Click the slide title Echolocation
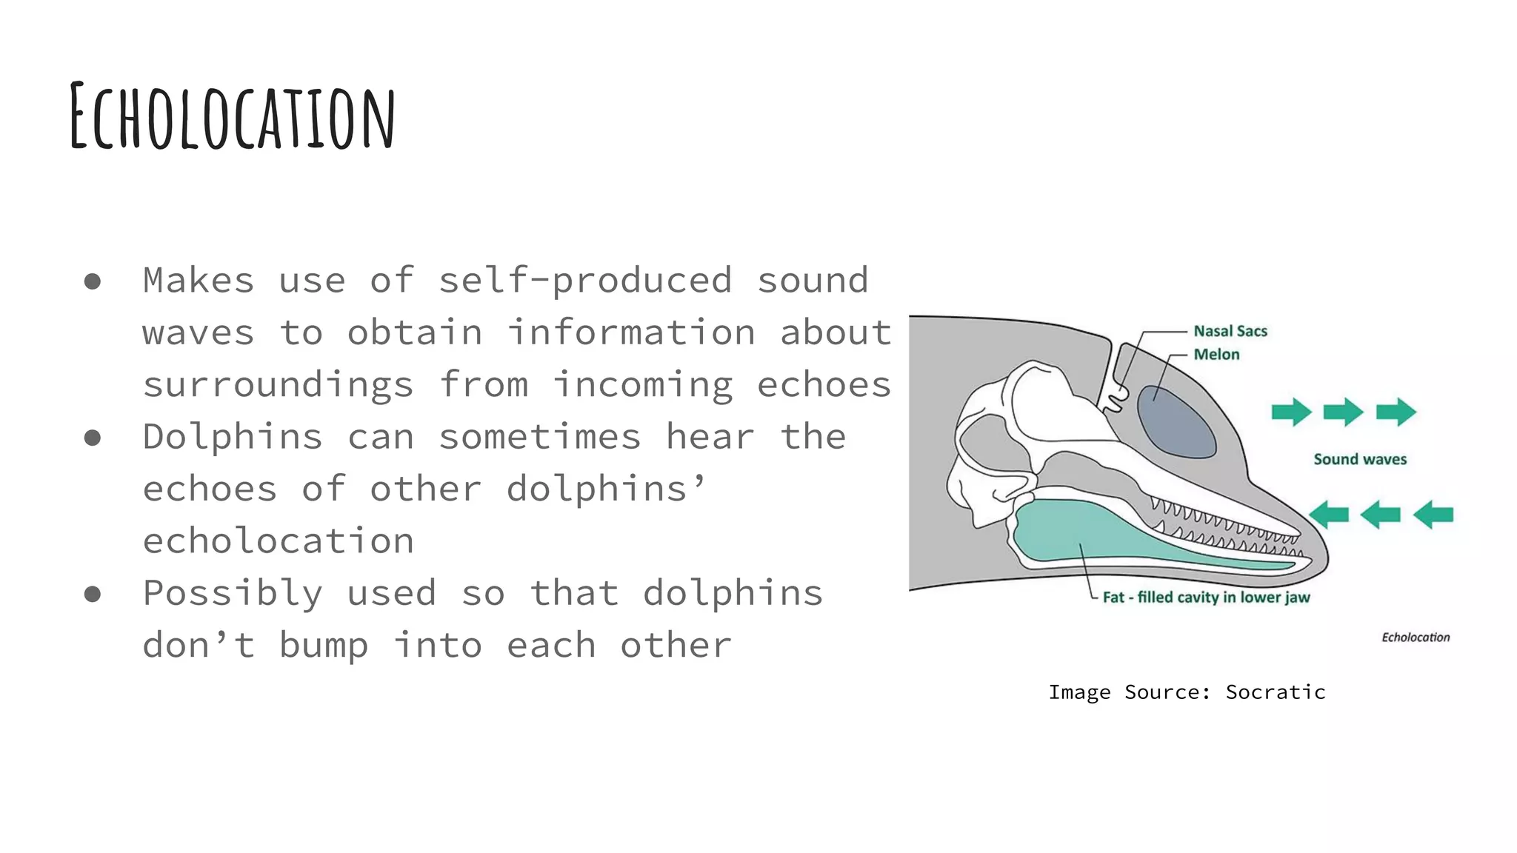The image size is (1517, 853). (x=233, y=117)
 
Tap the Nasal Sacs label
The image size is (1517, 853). (x=1230, y=331)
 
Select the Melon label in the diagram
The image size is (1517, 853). (x=1216, y=354)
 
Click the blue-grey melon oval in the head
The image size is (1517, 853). (x=1176, y=422)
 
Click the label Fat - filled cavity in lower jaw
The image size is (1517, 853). (x=1206, y=597)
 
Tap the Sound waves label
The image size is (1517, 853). (x=1360, y=459)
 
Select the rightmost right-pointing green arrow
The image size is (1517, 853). (x=1396, y=412)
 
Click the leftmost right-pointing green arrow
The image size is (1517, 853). (x=1291, y=412)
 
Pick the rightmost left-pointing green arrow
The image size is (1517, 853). (x=1433, y=514)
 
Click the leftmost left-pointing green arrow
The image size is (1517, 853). (x=1329, y=514)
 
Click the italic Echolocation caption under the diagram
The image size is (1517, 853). (x=1416, y=637)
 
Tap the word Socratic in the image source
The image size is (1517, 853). (x=1276, y=692)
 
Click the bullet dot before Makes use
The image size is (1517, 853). (x=93, y=281)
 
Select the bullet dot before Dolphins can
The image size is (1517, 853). (x=93, y=438)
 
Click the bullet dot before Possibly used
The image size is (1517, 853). (x=93, y=594)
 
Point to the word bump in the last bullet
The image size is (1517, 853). (x=324, y=646)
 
